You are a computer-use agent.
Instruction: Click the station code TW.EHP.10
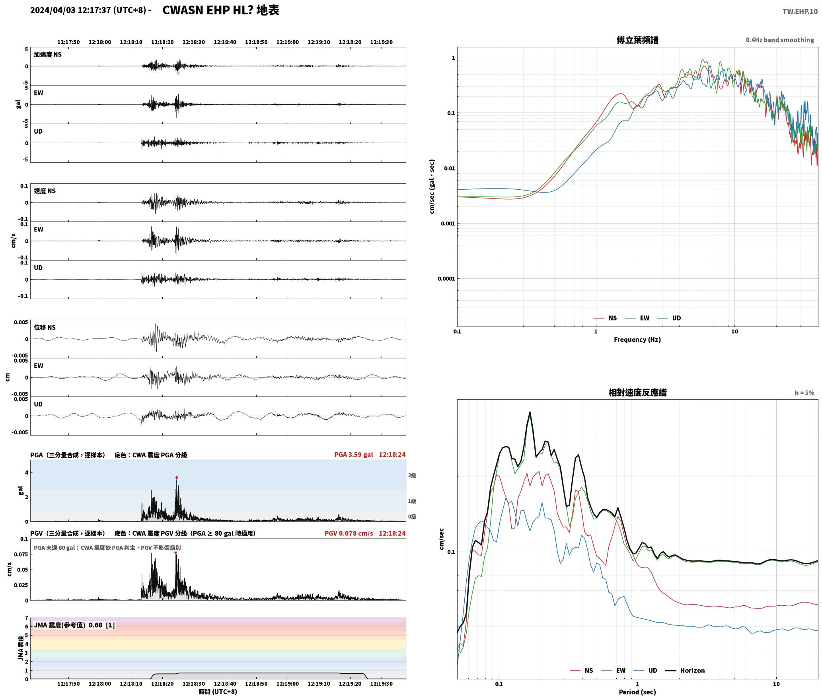pos(800,12)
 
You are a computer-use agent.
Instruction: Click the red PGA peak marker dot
pos(177,477)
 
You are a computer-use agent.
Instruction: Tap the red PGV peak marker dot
pos(175,552)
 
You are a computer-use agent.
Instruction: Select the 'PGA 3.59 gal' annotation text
pos(353,454)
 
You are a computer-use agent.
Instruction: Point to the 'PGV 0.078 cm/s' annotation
pos(349,533)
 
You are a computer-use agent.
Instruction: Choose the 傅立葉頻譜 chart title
pos(637,40)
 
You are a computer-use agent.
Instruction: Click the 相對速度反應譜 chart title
pos(637,392)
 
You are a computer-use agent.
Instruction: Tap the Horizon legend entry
pos(685,670)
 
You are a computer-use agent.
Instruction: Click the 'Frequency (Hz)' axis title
pos(637,339)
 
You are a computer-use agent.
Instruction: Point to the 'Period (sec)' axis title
pos(637,692)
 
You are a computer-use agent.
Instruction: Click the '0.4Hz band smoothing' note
pos(780,40)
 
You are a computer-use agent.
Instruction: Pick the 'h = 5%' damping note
pos(804,393)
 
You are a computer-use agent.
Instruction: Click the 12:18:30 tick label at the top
pos(194,42)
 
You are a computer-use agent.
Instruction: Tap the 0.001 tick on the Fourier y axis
pos(448,224)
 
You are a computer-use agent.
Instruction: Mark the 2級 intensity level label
pos(412,475)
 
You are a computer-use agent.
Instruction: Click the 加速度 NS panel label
pos(48,54)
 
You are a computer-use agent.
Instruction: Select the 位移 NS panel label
pos(45,327)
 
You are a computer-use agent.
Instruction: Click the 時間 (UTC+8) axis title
pos(218,692)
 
